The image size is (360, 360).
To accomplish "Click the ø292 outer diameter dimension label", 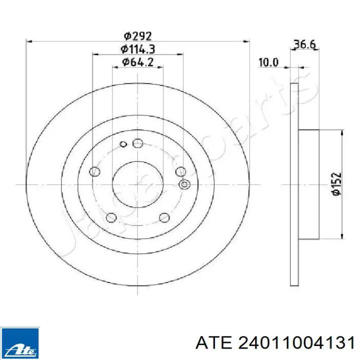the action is click(138, 36).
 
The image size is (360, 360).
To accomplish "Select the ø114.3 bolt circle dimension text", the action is click(138, 49).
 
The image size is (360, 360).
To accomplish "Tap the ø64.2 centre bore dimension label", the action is click(138, 62).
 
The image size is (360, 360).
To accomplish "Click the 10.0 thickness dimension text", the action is click(268, 62).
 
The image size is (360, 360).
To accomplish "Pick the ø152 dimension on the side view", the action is click(336, 184).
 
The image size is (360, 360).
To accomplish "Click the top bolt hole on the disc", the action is click(138, 143).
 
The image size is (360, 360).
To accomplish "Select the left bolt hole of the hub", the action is click(94, 171).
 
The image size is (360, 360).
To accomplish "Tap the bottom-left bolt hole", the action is click(111, 217).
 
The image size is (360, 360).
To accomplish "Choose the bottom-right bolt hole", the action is click(164, 217).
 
